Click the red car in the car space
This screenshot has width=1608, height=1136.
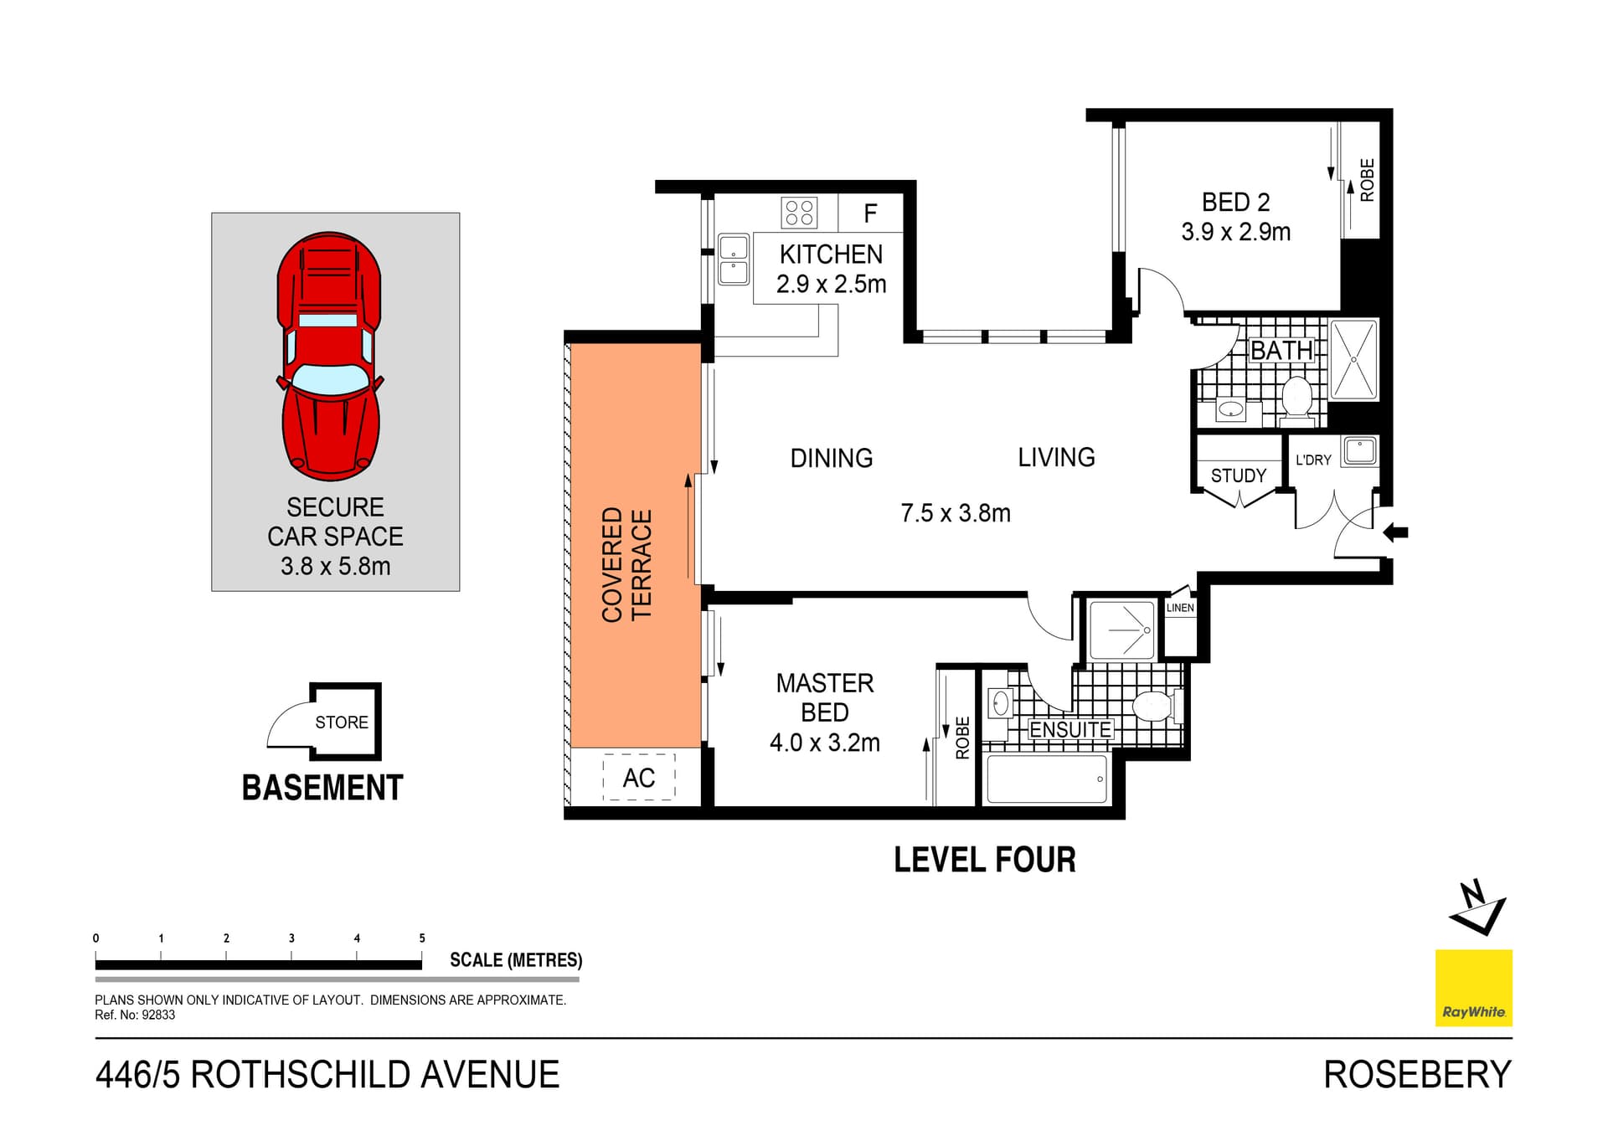click(x=329, y=356)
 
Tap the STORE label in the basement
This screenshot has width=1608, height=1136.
click(x=342, y=722)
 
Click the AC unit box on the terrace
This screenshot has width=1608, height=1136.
click(x=638, y=778)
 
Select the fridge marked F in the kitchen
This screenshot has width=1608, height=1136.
click(x=870, y=213)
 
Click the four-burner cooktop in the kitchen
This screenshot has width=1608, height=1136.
click(x=799, y=213)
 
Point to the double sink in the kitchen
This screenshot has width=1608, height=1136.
click(x=734, y=260)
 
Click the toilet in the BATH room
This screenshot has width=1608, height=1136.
click(x=1296, y=398)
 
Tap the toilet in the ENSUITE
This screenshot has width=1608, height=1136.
click(x=1154, y=706)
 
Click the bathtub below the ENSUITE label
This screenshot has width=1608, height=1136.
click(x=1047, y=779)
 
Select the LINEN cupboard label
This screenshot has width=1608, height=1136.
click(x=1180, y=608)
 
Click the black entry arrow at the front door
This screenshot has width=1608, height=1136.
click(x=1395, y=532)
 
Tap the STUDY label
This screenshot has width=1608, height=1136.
click(x=1238, y=475)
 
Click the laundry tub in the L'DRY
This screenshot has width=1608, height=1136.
click(x=1359, y=451)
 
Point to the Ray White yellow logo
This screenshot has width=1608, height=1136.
click(x=1473, y=988)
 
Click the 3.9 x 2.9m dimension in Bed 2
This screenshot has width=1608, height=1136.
click(x=1235, y=232)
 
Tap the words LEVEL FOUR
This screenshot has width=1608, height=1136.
click(x=984, y=861)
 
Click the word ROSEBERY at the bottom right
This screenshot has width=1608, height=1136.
click(x=1416, y=1075)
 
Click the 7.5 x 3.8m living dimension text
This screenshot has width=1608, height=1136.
click(x=955, y=513)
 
